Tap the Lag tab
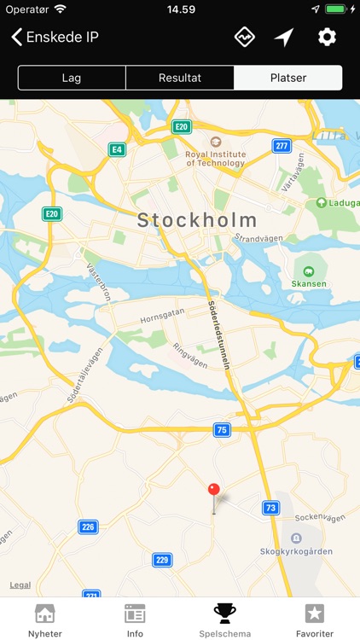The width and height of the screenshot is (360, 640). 72,78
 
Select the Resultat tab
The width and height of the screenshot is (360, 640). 180,78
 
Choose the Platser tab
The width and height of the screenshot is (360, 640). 288,78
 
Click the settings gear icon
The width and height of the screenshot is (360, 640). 327,37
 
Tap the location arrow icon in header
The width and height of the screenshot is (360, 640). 284,37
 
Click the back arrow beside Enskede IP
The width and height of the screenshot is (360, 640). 16,37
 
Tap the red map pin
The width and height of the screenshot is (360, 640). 214,491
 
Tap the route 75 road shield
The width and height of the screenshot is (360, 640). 222,430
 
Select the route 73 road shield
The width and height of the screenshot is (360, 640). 270,508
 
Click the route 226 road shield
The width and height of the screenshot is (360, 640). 88,527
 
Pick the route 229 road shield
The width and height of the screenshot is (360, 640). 162,560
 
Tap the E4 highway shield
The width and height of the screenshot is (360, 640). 117,150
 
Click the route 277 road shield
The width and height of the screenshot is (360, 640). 282,146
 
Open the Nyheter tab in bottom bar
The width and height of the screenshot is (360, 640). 44,620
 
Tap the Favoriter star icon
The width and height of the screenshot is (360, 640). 315,614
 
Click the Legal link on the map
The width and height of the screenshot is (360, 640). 20,585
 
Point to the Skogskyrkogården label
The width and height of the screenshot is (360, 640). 295,551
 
